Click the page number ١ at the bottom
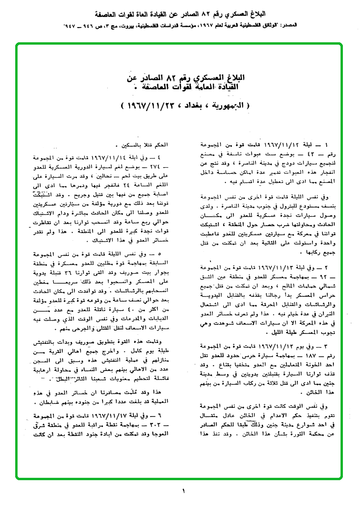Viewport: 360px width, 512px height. (183, 491)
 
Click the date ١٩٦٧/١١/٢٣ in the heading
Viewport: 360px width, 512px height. (142, 104)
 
